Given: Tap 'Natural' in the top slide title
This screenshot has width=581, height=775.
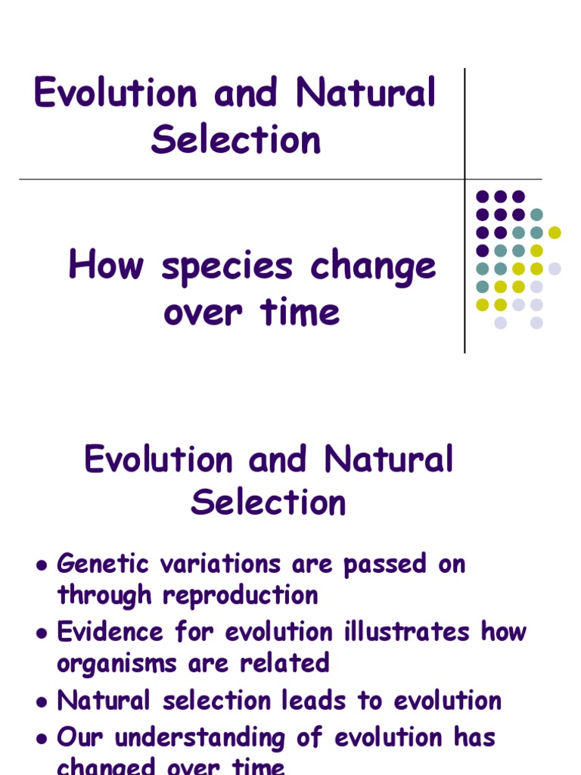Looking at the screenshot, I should coord(366,94).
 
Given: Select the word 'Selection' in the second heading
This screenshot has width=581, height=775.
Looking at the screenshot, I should coord(269,503).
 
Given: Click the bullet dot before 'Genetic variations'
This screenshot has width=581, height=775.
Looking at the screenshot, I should coord(42,565).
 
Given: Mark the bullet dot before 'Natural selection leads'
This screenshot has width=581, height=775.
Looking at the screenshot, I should coord(42,702).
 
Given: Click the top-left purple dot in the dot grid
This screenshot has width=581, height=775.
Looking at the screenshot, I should coord(482,197).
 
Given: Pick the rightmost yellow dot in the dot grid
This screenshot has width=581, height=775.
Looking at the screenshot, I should coord(555,232).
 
